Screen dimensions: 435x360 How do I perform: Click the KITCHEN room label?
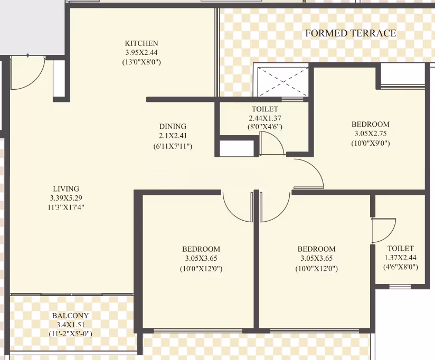coord(141,43)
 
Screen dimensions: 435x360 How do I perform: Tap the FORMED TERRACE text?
coord(351,33)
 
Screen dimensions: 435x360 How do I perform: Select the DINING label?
coord(173,127)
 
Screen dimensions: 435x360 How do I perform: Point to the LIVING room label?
coord(66,189)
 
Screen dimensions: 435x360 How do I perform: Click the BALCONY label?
coord(70,316)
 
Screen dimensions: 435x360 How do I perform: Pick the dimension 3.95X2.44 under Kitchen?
coord(141,52)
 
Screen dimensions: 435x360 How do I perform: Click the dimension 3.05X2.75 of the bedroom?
coord(371,134)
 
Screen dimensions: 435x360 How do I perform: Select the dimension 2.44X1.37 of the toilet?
coord(265,118)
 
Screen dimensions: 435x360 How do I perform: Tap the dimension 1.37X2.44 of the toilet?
coord(400,258)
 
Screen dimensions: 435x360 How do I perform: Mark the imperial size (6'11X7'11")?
coord(173,146)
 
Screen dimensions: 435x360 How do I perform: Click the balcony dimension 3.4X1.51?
coord(70,325)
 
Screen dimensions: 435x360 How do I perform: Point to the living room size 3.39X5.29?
coord(66,198)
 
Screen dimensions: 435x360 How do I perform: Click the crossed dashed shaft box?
coord(283,81)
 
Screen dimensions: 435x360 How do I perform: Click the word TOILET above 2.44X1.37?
coord(265,109)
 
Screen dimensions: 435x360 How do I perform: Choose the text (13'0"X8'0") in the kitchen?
coord(141,62)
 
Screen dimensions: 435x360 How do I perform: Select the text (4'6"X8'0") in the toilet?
coord(400,267)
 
